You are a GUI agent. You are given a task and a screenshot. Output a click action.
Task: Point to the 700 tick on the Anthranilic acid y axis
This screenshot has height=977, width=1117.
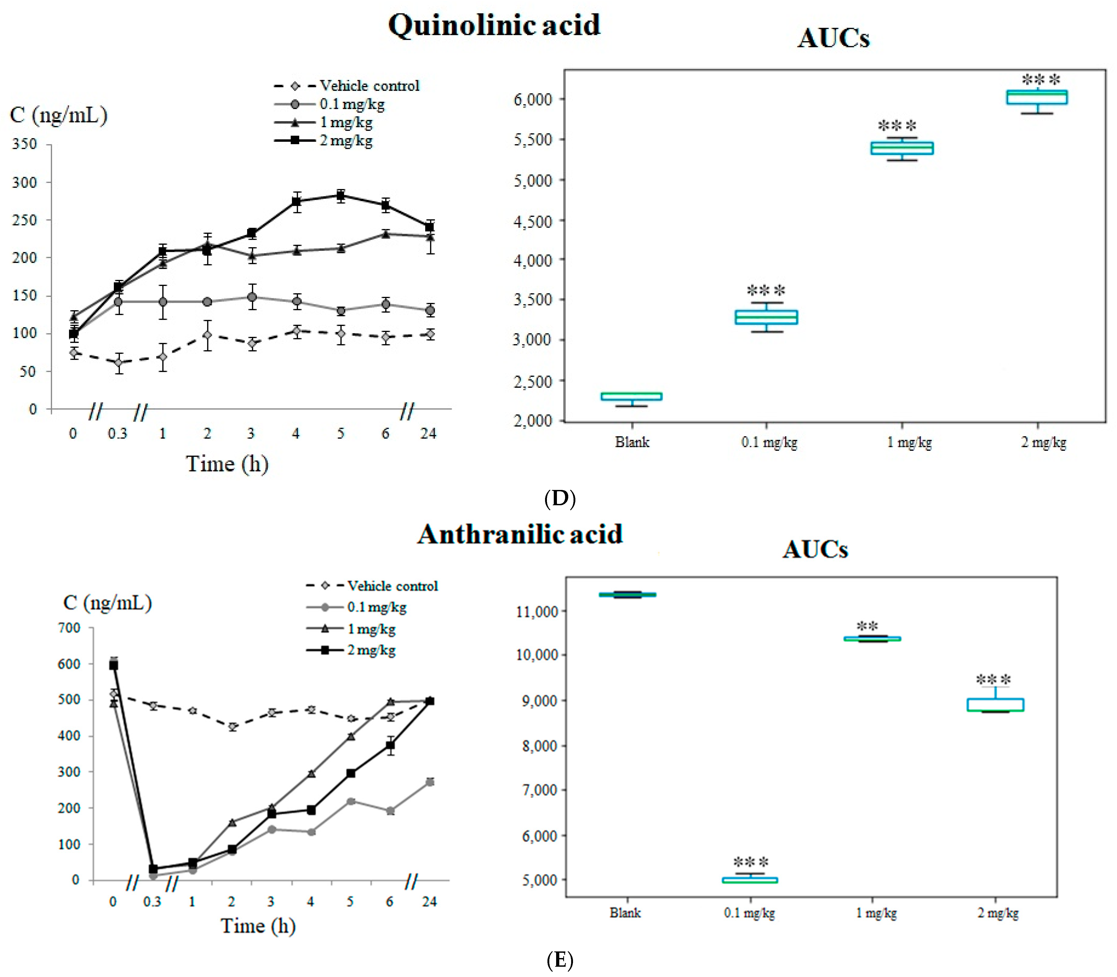pyautogui.click(x=69, y=628)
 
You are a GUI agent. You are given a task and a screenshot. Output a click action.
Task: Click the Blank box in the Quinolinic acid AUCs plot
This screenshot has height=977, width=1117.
pyautogui.click(x=631, y=396)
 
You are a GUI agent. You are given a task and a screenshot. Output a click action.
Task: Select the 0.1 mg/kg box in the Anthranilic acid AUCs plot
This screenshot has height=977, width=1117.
pyautogui.click(x=750, y=880)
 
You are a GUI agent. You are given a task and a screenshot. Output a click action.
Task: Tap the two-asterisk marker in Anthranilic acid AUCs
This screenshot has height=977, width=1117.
pyautogui.click(x=867, y=626)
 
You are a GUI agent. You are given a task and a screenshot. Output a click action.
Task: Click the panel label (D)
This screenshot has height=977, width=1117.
pyautogui.click(x=560, y=498)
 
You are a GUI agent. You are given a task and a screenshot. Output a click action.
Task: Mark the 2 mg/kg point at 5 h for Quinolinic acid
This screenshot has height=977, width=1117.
pyautogui.click(x=341, y=196)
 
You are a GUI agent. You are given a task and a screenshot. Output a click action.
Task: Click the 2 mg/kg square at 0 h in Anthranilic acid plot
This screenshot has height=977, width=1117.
pyautogui.click(x=113, y=666)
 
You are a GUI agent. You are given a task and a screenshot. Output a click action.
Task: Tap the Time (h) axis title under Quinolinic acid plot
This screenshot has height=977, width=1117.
pyautogui.click(x=227, y=464)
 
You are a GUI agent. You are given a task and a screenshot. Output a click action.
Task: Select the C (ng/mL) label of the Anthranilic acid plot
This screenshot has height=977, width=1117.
pyautogui.click(x=107, y=603)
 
